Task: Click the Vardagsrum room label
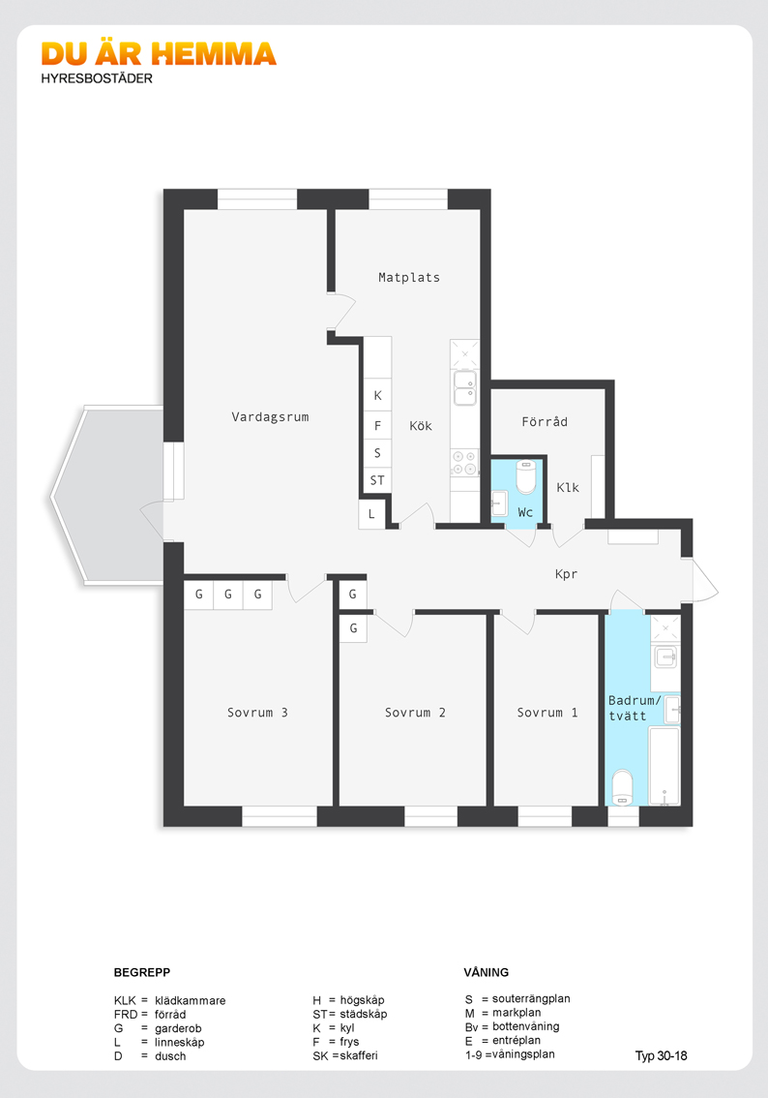tap(270, 416)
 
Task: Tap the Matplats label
tap(409, 277)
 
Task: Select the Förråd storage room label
tap(545, 421)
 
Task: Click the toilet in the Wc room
tap(526, 477)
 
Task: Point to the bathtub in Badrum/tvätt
tap(664, 766)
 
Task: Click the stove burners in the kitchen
tap(464, 463)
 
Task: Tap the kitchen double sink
tap(464, 388)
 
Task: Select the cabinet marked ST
tap(377, 480)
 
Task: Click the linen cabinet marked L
tap(371, 514)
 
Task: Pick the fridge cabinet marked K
tap(377, 396)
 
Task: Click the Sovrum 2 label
tap(415, 713)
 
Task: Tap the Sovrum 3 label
tap(257, 713)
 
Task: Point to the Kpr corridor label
tap(566, 574)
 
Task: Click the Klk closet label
tap(568, 487)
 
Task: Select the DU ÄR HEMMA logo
tap(159, 54)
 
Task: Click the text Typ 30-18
tap(661, 1055)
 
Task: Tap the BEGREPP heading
tap(142, 972)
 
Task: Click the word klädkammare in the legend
tap(191, 1000)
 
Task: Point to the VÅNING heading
tap(487, 972)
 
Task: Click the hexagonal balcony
tap(108, 495)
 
